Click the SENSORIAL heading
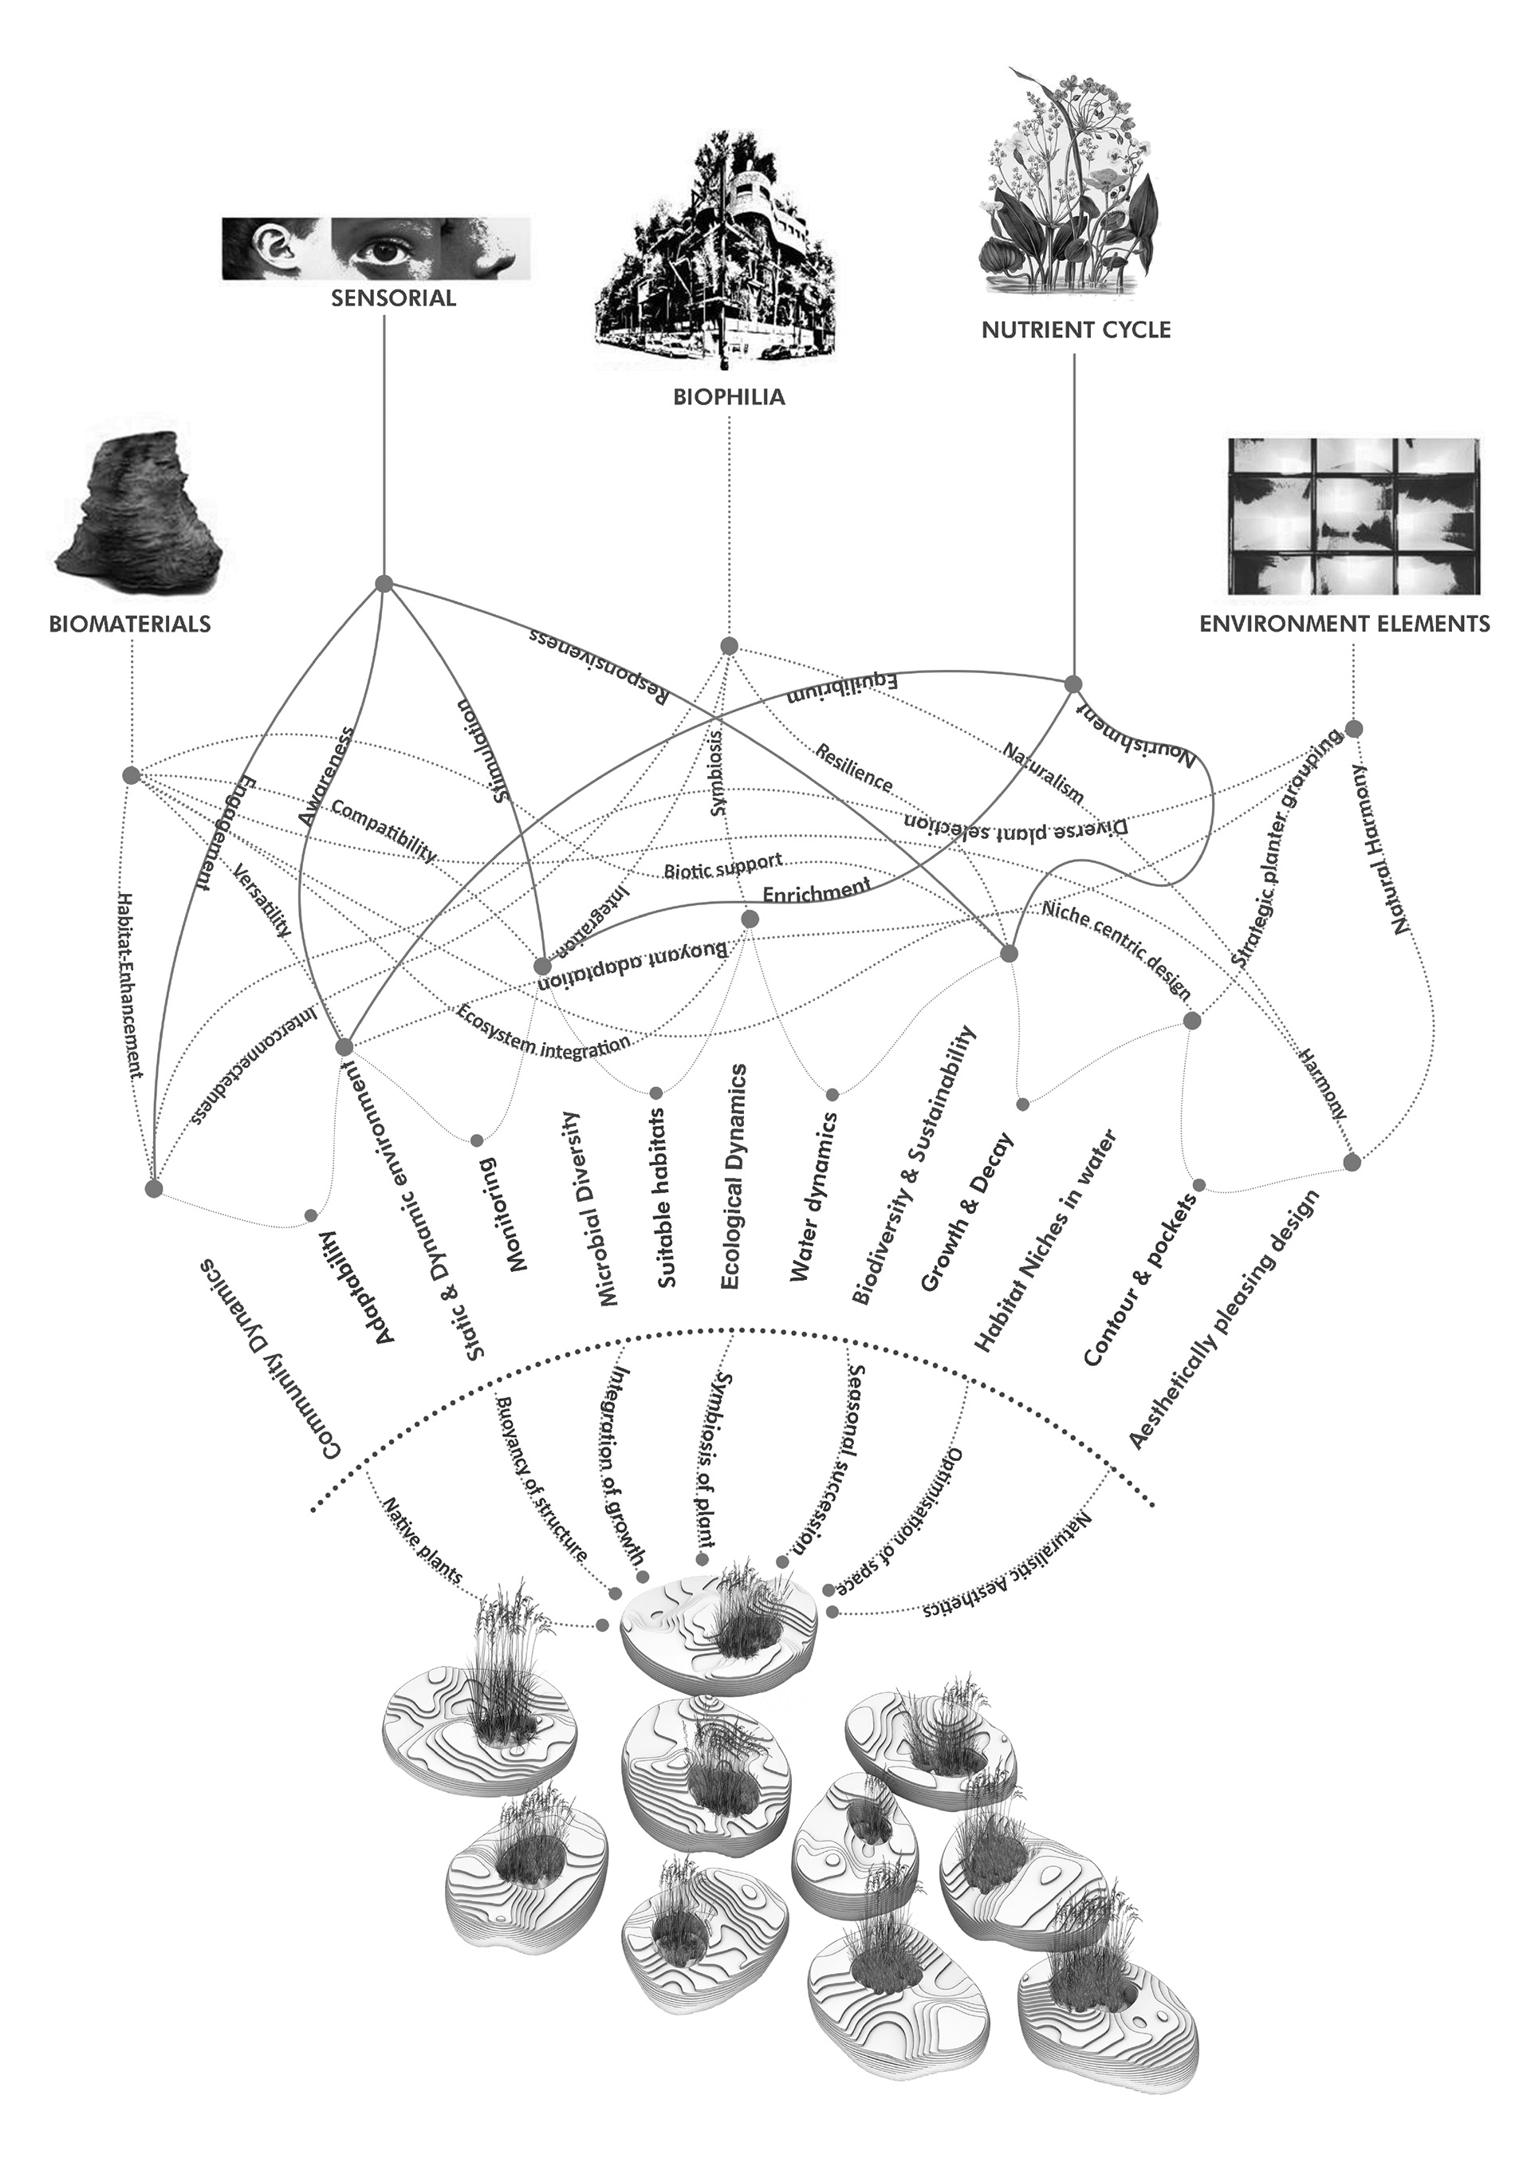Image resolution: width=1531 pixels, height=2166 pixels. pyautogui.click(x=393, y=299)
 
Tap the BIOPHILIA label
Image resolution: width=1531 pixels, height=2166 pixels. pyautogui.click(x=729, y=397)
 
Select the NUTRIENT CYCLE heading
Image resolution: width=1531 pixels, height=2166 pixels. pyautogui.click(x=1076, y=330)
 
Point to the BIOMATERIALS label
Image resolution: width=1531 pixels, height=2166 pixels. pyautogui.click(x=130, y=624)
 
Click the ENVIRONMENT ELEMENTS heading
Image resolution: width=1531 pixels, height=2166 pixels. pyautogui.click(x=1344, y=624)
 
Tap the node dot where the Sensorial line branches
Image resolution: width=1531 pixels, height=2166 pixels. pyautogui.click(x=383, y=584)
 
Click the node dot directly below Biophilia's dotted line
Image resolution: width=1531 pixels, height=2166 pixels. pyautogui.click(x=727, y=645)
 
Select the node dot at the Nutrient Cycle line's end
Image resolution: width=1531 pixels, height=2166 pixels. pyautogui.click(x=1072, y=683)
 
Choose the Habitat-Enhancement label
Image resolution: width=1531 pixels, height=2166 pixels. pyautogui.click(x=130, y=986)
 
